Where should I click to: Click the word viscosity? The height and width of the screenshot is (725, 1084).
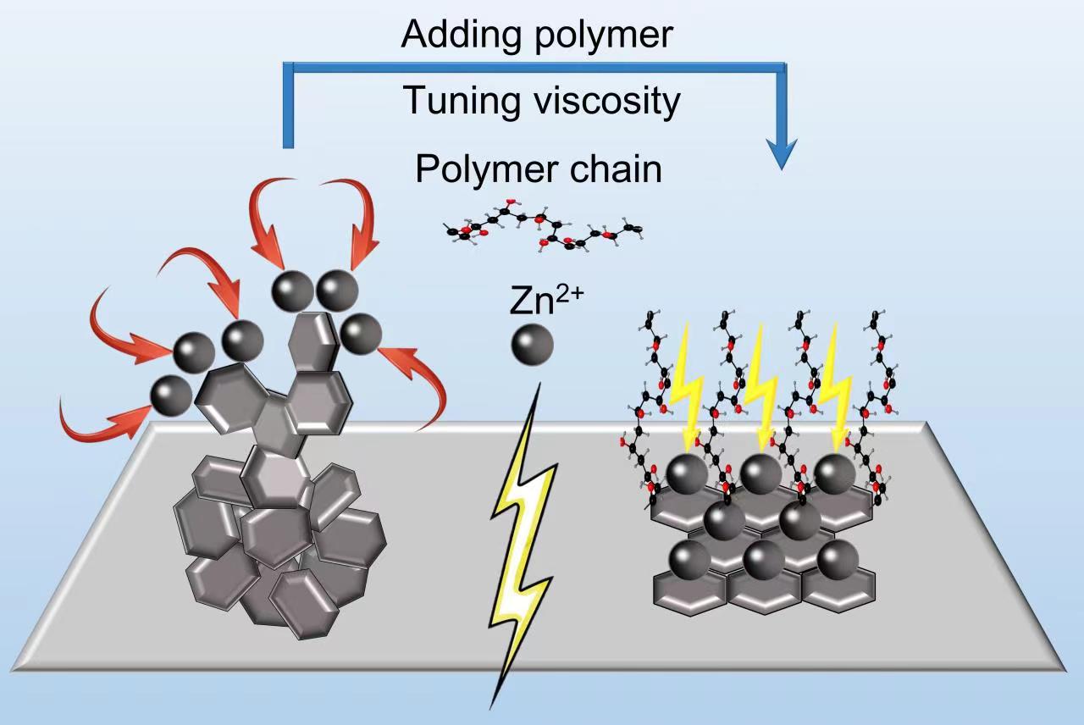(602, 101)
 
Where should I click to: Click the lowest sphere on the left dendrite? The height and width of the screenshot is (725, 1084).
(171, 394)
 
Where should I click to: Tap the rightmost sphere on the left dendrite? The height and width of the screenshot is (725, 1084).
(359, 333)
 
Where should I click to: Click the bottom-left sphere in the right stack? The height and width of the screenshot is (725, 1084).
(690, 558)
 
